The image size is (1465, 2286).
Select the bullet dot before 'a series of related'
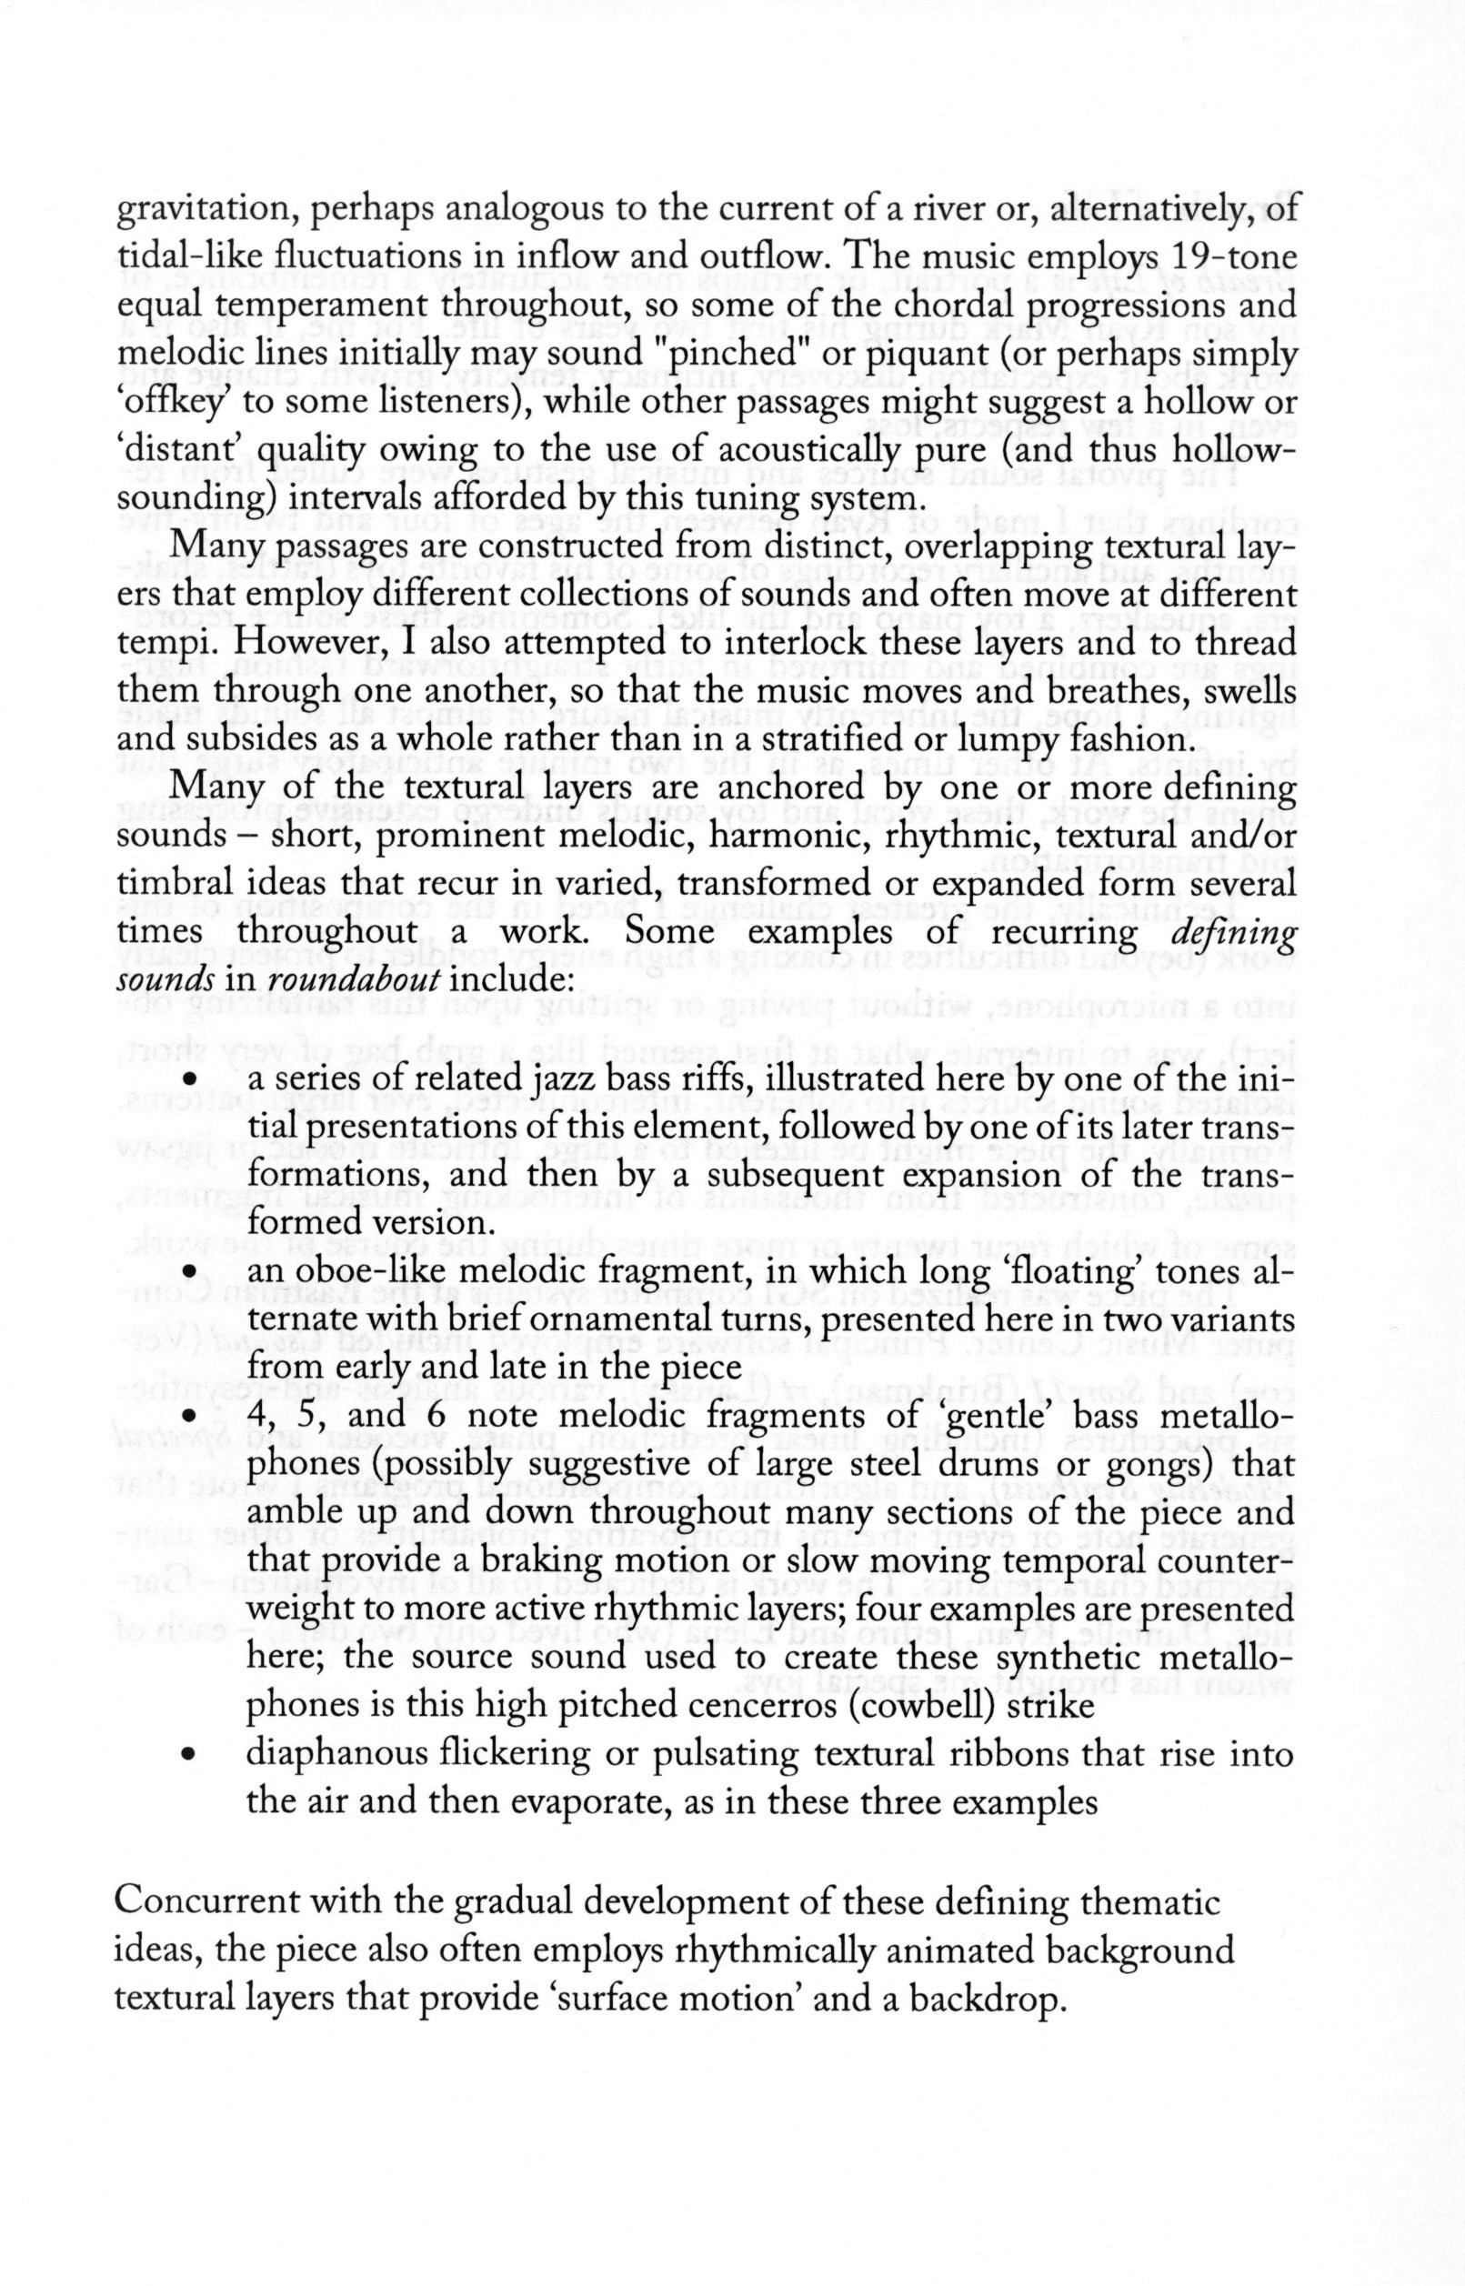point(190,1080)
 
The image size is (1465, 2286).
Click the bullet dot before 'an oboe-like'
point(190,1273)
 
